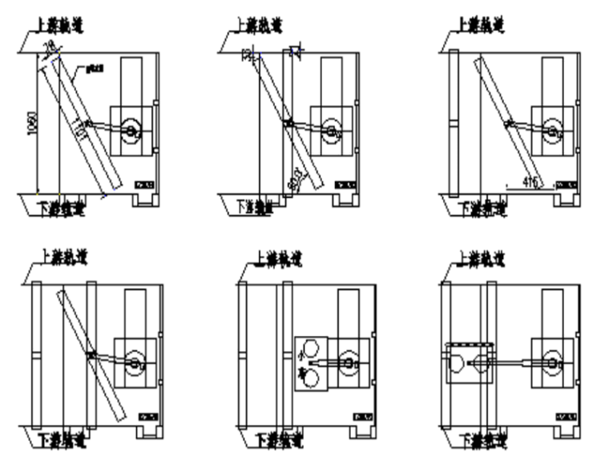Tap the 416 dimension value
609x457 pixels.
point(529,182)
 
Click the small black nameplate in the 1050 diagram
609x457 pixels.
point(145,184)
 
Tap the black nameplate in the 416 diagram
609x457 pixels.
point(566,184)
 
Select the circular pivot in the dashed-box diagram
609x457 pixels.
point(552,363)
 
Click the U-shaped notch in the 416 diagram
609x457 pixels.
point(567,198)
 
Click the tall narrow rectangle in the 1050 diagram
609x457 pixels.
point(131,81)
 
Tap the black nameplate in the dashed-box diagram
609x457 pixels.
point(566,415)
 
